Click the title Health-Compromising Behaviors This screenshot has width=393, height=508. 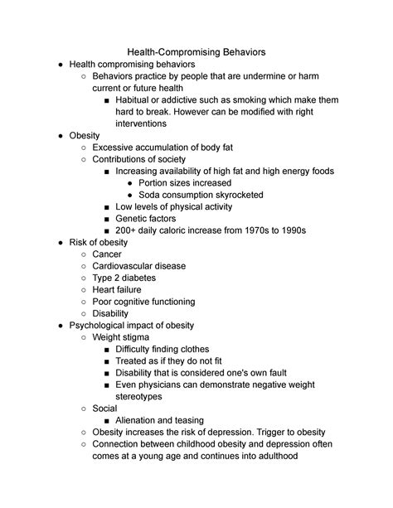point(196,51)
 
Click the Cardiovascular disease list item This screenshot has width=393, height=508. point(138,266)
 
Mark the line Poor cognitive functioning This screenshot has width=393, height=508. point(143,302)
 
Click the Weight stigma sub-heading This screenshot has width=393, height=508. point(124,337)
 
